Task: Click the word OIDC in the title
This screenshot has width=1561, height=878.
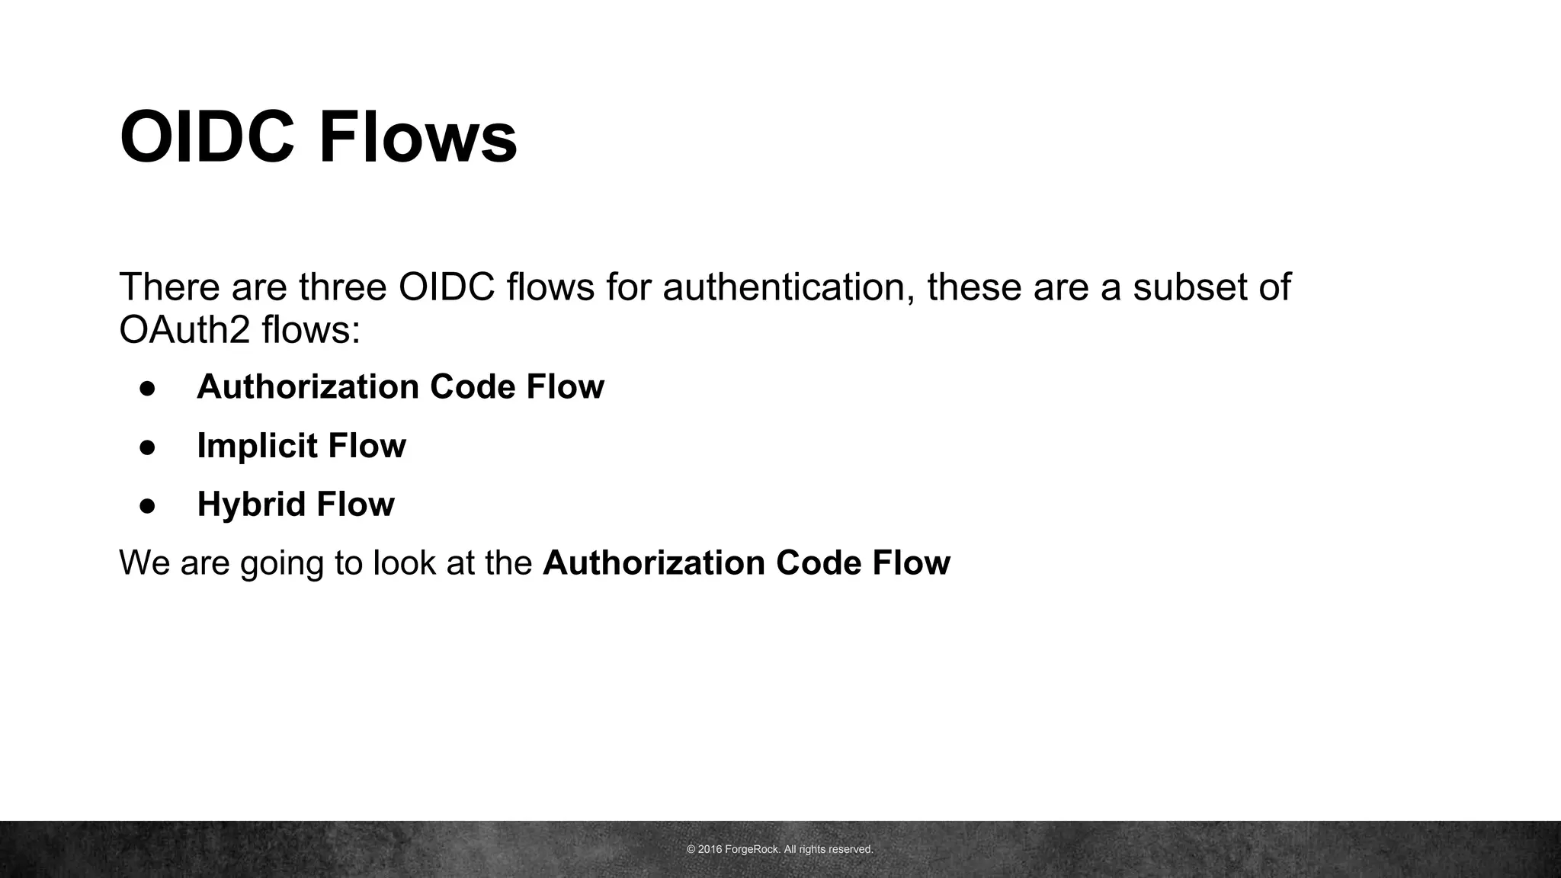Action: pos(207,138)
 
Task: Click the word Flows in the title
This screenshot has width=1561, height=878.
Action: pos(418,138)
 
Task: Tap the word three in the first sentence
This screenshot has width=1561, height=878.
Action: pos(343,287)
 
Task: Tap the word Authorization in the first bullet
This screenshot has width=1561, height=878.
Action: pos(307,387)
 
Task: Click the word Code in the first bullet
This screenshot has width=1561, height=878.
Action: pos(472,387)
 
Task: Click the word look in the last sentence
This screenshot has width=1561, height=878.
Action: pos(399,563)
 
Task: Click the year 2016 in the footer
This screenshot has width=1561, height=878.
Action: pos(710,849)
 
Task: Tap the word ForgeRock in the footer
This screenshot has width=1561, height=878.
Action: pos(752,849)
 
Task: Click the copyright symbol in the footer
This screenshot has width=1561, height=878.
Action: pos(691,849)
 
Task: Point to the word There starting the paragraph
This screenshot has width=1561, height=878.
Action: pos(164,287)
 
